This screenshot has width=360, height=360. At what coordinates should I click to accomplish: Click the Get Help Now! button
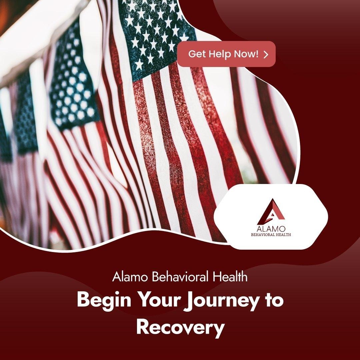click(x=226, y=54)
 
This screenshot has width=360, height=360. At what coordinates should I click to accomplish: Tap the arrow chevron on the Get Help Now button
click(x=266, y=54)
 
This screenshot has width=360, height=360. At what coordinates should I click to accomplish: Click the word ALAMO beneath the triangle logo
click(x=271, y=229)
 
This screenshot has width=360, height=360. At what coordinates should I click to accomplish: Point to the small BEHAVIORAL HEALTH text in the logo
click(x=271, y=235)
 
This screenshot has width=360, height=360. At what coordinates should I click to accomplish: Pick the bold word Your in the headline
click(x=159, y=300)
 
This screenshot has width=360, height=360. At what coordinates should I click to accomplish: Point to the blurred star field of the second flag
click(x=73, y=78)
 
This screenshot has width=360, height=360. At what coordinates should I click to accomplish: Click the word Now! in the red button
click(x=246, y=54)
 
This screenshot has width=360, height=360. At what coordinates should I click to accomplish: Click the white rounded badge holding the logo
click(x=271, y=217)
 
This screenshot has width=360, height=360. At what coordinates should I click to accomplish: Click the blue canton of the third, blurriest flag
click(x=25, y=115)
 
